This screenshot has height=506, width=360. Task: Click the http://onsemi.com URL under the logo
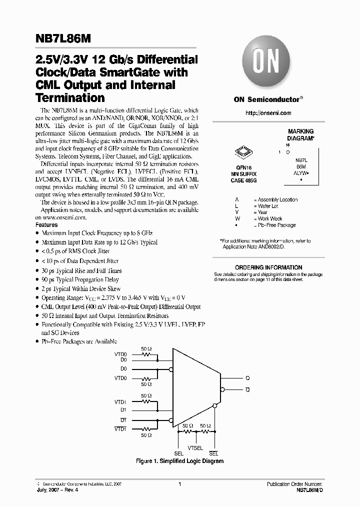(x=268, y=113)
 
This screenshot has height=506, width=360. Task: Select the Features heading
(x=46, y=225)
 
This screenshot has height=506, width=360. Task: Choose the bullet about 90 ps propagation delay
(x=80, y=280)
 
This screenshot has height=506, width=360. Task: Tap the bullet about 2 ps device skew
(x=81, y=289)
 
